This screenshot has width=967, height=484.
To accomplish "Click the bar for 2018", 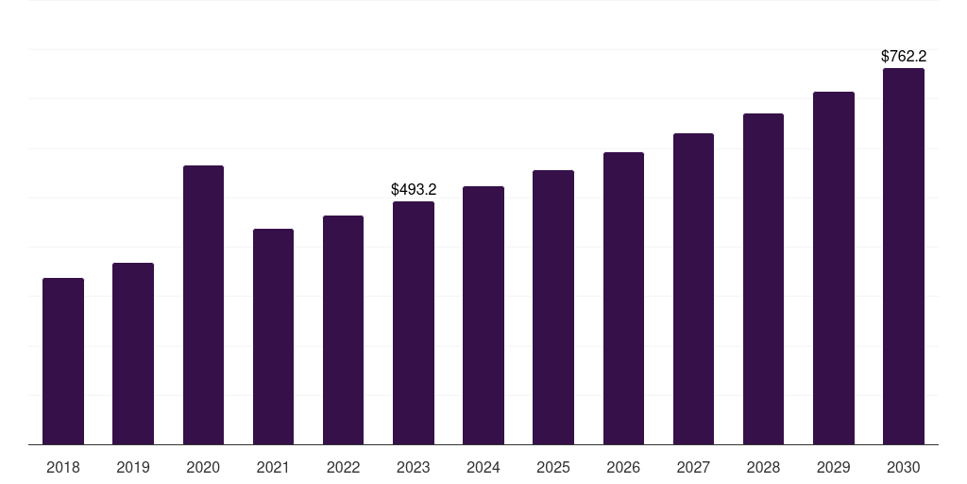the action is point(63,361).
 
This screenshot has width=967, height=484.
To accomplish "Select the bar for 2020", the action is point(204,305).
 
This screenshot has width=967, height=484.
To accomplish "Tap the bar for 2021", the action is point(273,337).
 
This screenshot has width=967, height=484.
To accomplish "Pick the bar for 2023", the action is point(414,323).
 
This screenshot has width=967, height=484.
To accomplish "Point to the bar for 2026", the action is point(623,298).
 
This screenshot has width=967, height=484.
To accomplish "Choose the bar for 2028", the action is point(763,279).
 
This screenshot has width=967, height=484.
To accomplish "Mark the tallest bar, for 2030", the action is point(904,256).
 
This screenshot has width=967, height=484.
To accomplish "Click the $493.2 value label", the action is point(414,189).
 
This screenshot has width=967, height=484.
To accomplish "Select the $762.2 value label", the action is point(904,56).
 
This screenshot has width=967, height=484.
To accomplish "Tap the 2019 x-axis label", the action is point(133,468).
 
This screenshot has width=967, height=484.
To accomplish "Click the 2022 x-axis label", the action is point(343,468).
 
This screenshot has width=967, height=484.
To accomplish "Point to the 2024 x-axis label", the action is point(483,468).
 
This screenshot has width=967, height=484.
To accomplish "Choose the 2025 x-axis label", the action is point(553,468).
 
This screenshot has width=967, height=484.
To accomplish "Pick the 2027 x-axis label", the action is point(693,468).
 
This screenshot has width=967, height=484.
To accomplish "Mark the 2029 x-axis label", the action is point(834,468).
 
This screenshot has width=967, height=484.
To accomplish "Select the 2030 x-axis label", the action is point(904,468).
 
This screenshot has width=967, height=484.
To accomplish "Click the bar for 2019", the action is point(133,354).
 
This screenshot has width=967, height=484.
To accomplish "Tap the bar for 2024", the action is point(483,316).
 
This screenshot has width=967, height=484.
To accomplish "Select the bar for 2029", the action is point(834,268).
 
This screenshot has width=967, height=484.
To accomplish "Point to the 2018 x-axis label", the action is point(63,468).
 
